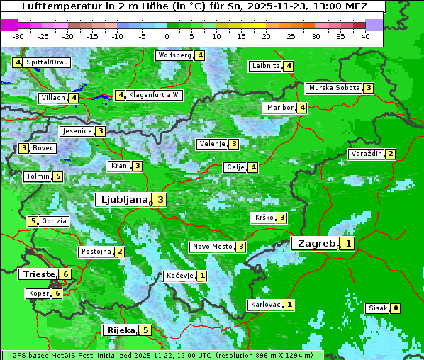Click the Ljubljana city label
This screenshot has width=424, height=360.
tap(123, 200)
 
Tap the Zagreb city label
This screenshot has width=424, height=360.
tap(316, 243)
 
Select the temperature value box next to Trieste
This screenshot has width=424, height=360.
tap(66, 274)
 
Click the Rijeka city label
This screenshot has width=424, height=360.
tap(121, 330)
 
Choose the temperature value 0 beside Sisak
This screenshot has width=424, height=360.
tap(395, 308)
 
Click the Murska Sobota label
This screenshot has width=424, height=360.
tap(333, 88)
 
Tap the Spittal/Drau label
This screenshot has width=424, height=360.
tap(48, 62)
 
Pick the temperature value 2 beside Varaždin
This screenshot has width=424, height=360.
tap(391, 154)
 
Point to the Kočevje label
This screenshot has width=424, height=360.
tap(179, 275)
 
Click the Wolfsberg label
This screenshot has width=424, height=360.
tap(174, 55)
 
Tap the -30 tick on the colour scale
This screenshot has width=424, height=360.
tap(18, 35)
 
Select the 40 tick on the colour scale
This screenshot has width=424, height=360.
tap(365, 35)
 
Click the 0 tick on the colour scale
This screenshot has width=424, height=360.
tap(167, 35)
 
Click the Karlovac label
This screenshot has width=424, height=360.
tap(264, 305)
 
